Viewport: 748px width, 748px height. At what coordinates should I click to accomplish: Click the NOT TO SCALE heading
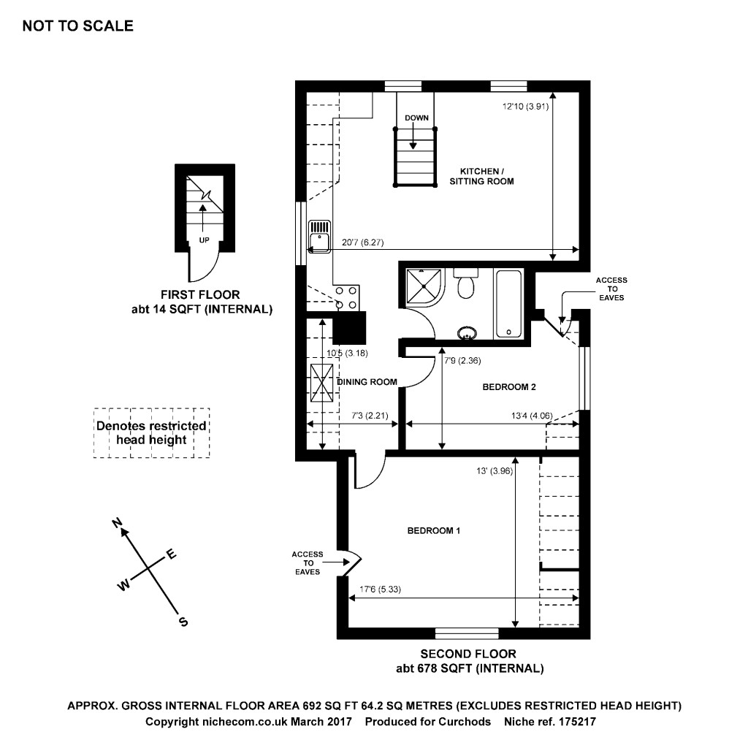pos(77,26)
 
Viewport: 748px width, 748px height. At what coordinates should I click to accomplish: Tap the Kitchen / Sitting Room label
pos(481,176)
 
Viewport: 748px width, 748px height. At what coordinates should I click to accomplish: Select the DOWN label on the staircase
pos(416,118)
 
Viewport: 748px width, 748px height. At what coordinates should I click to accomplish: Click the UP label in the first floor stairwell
pos(204,239)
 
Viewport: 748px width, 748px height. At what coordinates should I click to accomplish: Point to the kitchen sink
pos(321,238)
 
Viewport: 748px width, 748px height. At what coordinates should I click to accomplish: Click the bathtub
pos(508,303)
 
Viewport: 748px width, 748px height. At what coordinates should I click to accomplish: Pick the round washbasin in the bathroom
pos(467,334)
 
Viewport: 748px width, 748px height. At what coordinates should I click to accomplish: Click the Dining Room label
pos(367,381)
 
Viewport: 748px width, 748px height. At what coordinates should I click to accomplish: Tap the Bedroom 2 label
pos(510,386)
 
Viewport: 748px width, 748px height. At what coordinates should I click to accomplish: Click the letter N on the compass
pos(116,522)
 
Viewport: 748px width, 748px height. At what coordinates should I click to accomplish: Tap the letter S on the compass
pos(183,622)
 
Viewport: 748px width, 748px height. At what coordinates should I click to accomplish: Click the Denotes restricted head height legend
pos(151,433)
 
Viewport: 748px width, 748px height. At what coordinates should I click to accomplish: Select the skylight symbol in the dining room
pos(322,383)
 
